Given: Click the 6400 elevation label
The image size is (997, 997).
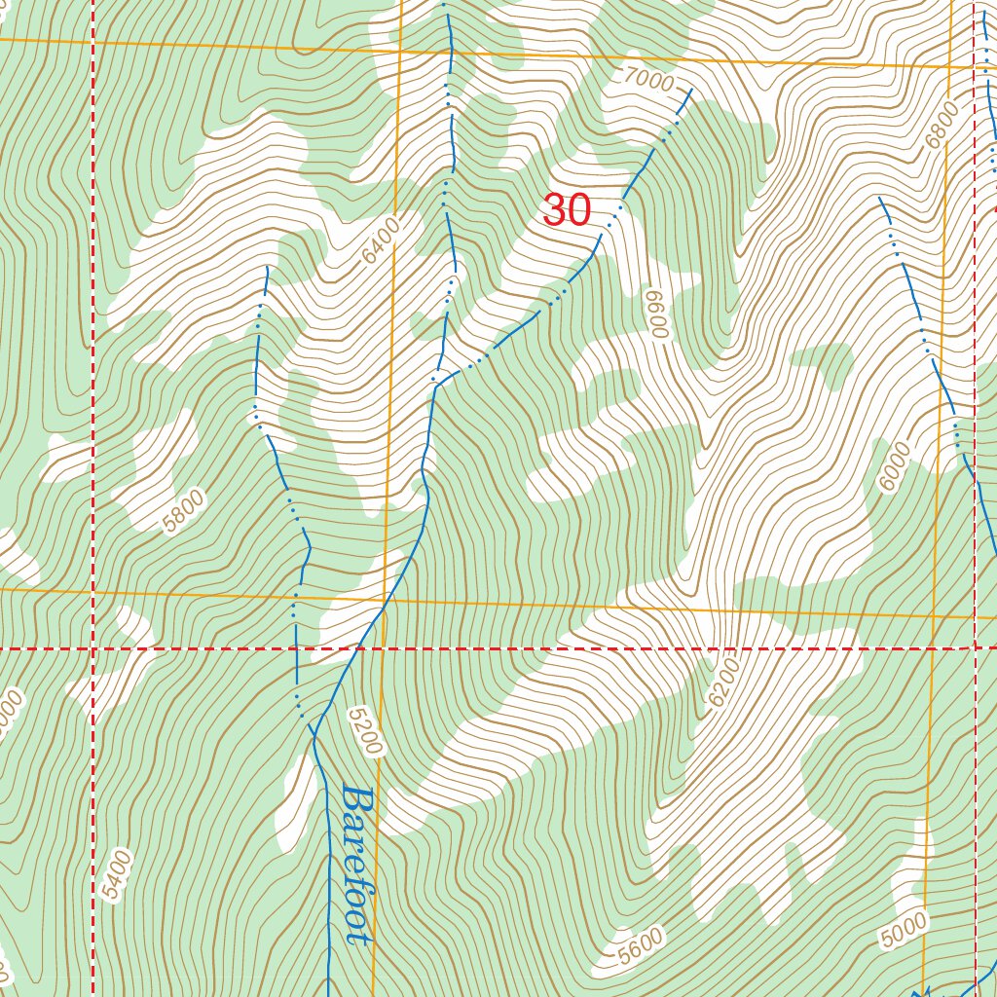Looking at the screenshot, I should (381, 240).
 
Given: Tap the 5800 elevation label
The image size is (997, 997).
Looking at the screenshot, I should (184, 512).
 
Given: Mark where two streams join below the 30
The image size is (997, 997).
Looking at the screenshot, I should (435, 383).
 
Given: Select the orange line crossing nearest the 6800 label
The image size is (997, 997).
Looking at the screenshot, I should (950, 68).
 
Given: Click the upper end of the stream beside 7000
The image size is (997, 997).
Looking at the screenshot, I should (691, 90).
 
